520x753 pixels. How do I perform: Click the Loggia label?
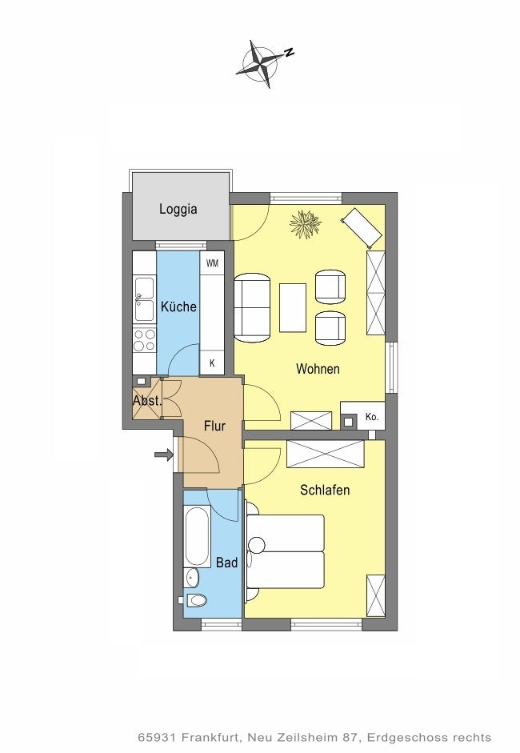(178, 210)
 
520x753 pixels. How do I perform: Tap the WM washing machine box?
(212, 262)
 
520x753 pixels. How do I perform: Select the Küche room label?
(178, 306)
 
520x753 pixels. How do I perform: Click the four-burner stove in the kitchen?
(145, 339)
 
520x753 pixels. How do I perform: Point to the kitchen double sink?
(145, 298)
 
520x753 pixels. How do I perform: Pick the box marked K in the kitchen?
(212, 363)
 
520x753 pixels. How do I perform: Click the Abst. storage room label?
(147, 400)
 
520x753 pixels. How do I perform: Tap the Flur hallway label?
(214, 426)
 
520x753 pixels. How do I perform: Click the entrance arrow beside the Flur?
(164, 455)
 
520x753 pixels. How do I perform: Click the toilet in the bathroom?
(194, 599)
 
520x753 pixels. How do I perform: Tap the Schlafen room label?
(325, 490)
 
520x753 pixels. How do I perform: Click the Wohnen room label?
(318, 369)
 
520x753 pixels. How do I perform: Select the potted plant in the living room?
(306, 223)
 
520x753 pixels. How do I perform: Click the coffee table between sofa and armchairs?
(293, 307)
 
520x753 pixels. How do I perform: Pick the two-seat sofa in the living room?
(252, 308)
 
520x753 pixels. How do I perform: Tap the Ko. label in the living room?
(372, 417)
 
